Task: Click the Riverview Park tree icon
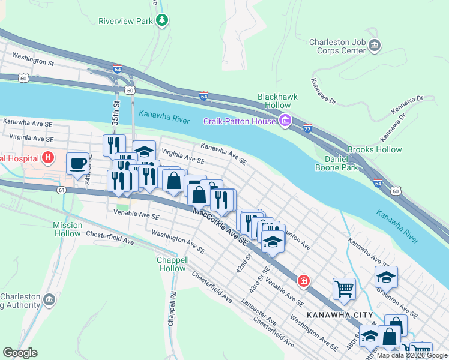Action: [161, 20]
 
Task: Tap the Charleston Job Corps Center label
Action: [337, 46]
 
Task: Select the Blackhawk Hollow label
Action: [274, 101]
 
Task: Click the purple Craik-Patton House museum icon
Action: [285, 122]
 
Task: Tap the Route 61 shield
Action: [62, 190]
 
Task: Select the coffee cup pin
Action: [77, 164]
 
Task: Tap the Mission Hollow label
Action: [68, 229]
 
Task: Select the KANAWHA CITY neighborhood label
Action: [339, 315]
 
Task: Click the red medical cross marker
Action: [304, 281]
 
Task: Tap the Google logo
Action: [20, 353]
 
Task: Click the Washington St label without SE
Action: [33, 61]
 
